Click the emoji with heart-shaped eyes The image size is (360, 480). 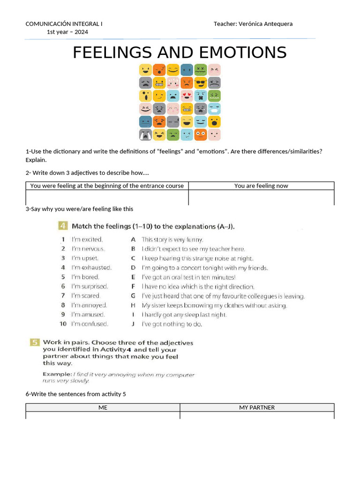coord(187,96)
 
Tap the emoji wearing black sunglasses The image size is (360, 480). coord(201,83)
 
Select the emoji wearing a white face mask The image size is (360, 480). coord(214,109)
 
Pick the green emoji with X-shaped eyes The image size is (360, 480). coord(201,70)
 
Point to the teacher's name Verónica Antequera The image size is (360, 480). coord(266,23)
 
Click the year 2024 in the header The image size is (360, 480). coord(80,32)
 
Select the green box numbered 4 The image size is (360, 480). coord(62,226)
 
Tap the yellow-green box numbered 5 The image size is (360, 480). coord(35,343)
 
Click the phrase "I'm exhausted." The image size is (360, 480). coord(91,268)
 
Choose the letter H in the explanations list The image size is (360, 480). coord(133,305)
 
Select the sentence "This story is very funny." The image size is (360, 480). coord(172,240)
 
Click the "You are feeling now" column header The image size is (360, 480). coord(261,186)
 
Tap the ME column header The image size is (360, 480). coord(103,407)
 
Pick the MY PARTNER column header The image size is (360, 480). coord(257,407)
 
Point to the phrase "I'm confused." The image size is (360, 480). coord(90,324)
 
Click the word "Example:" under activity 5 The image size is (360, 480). coord(57,375)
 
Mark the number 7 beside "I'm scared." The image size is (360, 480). coord(63,296)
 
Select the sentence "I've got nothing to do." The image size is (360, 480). coord(172,324)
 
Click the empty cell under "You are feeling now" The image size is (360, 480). coord(261,197)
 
